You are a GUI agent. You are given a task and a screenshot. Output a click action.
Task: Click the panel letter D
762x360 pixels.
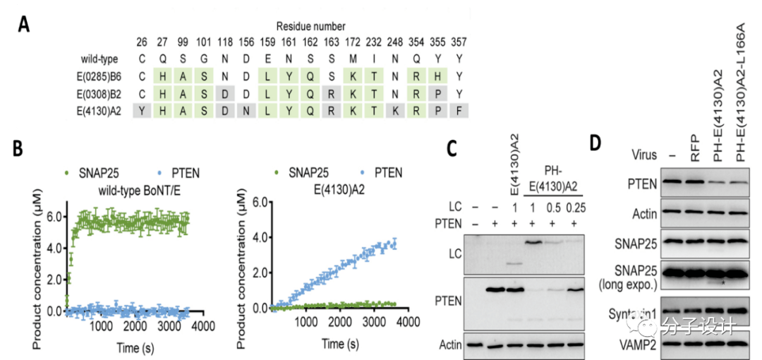coord(596,142)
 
